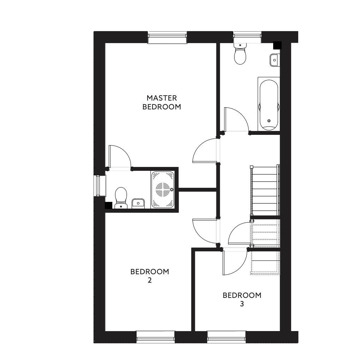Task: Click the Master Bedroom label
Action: pos(162,102)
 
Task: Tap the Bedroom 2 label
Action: pos(150,276)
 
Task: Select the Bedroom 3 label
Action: pos(242,299)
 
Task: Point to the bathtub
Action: pos(269,104)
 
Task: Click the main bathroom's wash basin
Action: pos(275,60)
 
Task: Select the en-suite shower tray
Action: pos(163,190)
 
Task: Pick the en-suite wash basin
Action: pos(138,204)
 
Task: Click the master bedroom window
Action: pos(167,37)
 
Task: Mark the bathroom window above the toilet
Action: pos(247,37)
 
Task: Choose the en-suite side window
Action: pos(100,186)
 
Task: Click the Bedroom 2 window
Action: pos(155,337)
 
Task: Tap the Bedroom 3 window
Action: pos(226,337)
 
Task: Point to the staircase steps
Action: pos(265,190)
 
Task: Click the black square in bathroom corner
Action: pos(277,45)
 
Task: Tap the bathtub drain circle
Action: pos(269,121)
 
